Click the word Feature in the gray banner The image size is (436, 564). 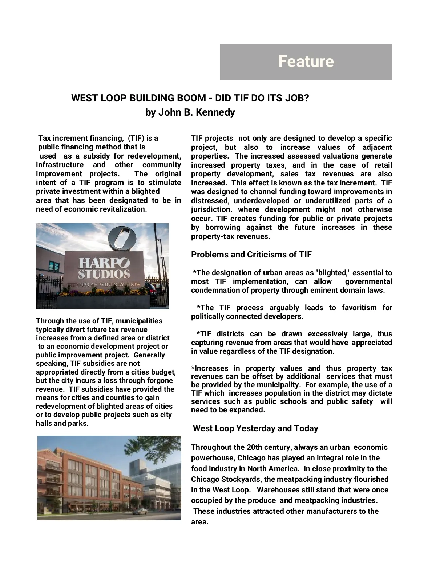306,61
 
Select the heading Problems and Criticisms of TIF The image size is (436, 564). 251,255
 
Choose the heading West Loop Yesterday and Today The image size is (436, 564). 255,428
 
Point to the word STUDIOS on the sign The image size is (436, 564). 104,273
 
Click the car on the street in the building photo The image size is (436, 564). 140,512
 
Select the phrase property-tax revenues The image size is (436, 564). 230,237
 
